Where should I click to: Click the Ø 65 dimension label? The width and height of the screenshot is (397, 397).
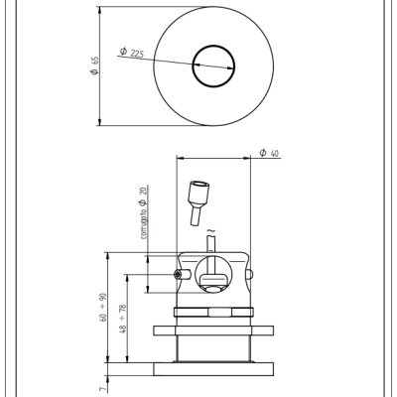(x=94, y=66)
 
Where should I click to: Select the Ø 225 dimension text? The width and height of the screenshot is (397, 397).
(x=132, y=53)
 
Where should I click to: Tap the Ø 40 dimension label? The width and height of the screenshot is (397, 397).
(x=269, y=153)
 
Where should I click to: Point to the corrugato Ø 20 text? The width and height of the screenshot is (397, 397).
(x=144, y=212)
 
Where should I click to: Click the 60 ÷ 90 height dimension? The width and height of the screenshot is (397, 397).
(x=103, y=308)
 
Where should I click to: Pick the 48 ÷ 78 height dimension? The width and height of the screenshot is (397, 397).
(x=123, y=319)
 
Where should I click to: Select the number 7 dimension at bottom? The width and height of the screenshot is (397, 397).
(x=103, y=389)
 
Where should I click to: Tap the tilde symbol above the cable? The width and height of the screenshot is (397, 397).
(x=210, y=230)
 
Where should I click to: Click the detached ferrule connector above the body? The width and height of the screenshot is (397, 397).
(x=198, y=202)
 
